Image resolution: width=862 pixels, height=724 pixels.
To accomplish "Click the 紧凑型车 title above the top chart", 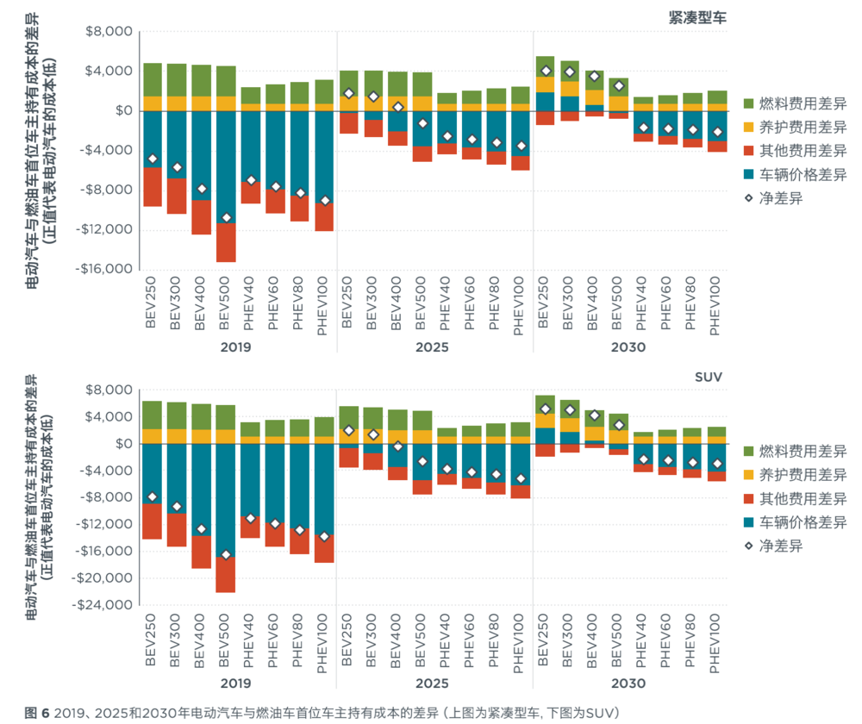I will [x=697, y=15].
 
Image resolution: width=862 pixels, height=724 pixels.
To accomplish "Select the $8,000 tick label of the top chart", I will [x=108, y=32].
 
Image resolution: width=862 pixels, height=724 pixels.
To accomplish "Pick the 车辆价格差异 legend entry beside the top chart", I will [x=795, y=175].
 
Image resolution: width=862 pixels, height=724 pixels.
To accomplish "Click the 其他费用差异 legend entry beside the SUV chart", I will [x=795, y=499].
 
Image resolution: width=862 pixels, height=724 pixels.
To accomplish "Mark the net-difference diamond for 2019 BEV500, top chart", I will [x=226, y=217].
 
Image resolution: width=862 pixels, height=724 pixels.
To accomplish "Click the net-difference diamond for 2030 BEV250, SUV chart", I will [x=545, y=409].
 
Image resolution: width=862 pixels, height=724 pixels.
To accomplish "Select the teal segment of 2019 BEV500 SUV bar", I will [x=226, y=500].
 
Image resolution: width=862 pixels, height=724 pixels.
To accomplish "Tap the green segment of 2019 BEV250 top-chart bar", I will [x=153, y=79].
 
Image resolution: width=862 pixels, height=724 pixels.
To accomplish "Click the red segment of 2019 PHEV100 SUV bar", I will [x=324, y=549].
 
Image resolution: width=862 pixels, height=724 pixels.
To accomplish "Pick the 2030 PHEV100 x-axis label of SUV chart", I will [x=717, y=641].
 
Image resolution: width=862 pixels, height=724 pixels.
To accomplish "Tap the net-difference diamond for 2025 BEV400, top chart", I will [x=397, y=107].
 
